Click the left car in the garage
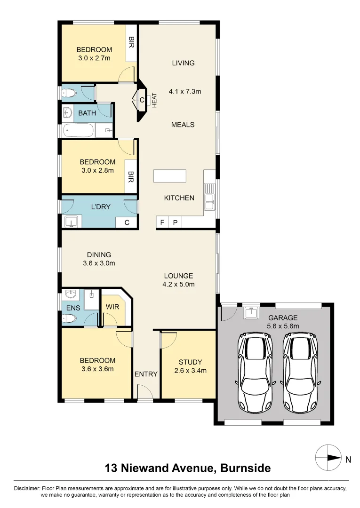click(255, 372)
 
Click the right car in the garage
click(300, 372)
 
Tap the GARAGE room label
click(283, 318)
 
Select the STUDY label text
click(190, 362)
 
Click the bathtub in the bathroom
click(79, 131)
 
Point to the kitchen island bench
click(170, 176)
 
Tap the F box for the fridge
click(162, 222)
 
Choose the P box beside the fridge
click(176, 222)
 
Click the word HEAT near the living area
click(154, 101)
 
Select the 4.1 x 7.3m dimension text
click(184, 91)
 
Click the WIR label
click(112, 307)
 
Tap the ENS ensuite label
click(73, 308)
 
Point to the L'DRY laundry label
click(101, 206)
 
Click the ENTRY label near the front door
click(146, 374)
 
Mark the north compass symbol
click(328, 458)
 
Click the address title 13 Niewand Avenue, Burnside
click(188, 468)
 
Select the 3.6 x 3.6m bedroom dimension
click(97, 369)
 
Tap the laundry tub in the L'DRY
click(71, 222)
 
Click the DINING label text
click(99, 254)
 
